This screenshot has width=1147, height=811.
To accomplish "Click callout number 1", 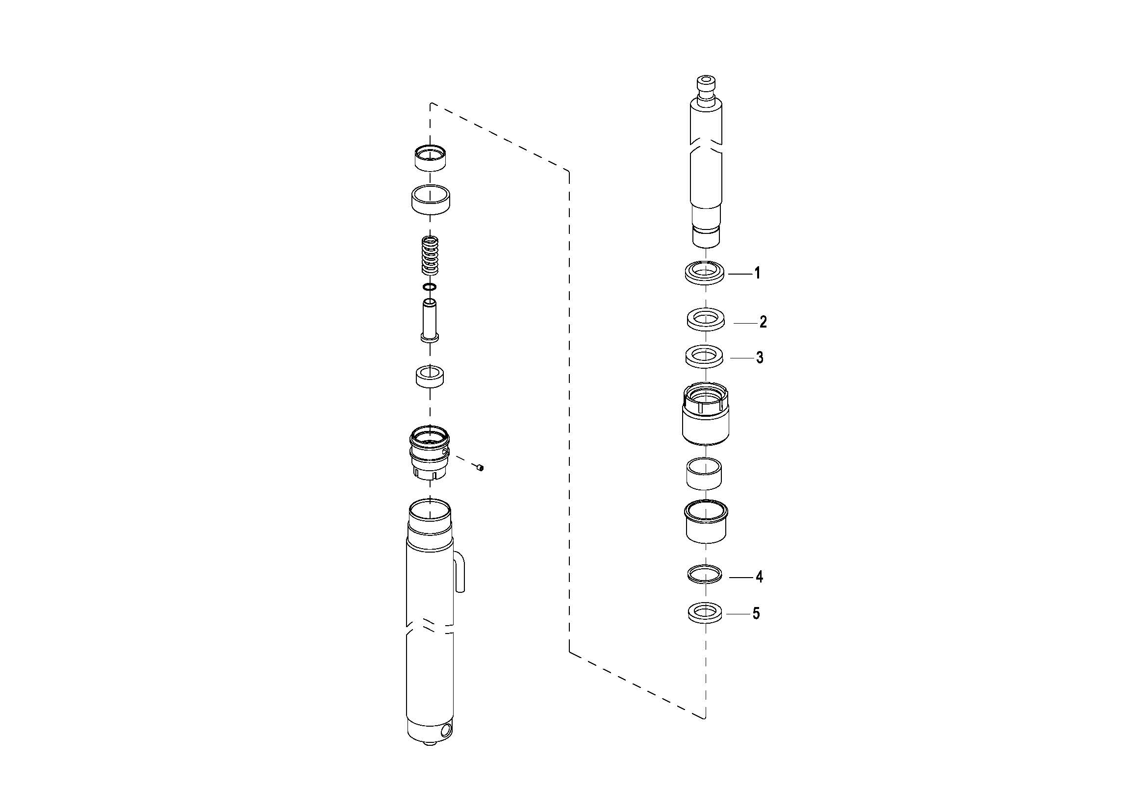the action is (757, 273).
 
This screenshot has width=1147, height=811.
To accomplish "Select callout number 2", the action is (763, 322).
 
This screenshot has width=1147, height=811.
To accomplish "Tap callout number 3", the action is (759, 358).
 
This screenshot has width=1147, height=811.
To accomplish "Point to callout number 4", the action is (759, 577).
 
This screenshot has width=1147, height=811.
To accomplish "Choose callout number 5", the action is (756, 613).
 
